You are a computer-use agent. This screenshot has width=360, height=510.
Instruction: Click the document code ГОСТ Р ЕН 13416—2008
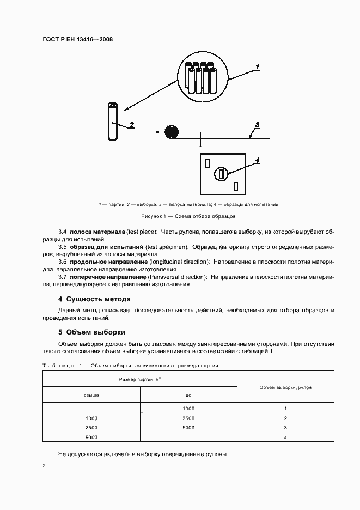point(78,39)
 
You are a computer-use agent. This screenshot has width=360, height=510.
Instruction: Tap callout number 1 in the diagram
point(258,66)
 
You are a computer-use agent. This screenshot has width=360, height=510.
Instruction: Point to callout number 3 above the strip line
point(258,125)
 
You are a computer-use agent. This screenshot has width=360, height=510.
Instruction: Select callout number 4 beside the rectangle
point(258,160)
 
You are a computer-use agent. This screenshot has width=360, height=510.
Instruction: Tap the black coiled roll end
point(171,131)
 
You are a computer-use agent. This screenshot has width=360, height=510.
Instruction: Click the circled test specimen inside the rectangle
point(221,174)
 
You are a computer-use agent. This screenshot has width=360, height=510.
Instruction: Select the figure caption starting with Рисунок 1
point(189,216)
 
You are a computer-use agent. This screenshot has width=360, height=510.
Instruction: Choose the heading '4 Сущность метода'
point(94,299)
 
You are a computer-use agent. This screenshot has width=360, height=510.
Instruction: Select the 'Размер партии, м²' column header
point(140,379)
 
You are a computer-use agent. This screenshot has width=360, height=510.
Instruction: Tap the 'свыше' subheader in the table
point(91,394)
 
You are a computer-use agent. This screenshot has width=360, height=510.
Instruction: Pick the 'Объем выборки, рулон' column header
point(285,386)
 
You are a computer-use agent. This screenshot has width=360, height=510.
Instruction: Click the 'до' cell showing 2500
point(188,418)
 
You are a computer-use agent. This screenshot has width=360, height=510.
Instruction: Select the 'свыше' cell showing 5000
point(91,437)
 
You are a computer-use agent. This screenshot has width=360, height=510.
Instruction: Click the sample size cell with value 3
point(285,428)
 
